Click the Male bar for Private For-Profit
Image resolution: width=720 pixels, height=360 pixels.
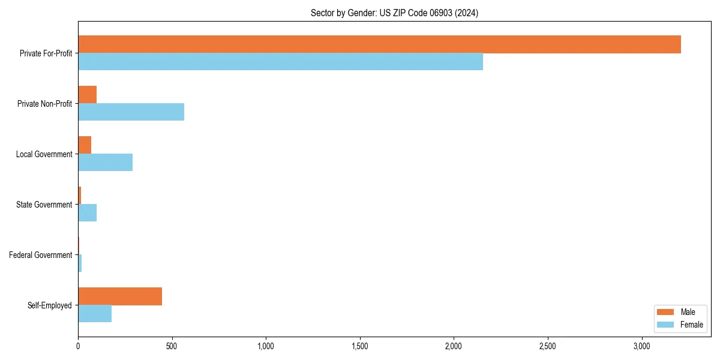click(379, 44)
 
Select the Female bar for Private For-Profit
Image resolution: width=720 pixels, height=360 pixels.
click(280, 62)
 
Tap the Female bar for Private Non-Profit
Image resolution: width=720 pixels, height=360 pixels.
click(131, 112)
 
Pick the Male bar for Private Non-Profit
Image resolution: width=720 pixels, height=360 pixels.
click(87, 95)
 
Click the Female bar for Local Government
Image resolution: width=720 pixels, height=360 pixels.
click(105, 163)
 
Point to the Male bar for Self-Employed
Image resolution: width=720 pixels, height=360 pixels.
click(120, 296)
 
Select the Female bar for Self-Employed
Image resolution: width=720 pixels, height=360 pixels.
click(95, 314)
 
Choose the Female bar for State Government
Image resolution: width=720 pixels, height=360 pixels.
click(87, 213)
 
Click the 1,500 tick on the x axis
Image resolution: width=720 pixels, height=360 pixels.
click(360, 346)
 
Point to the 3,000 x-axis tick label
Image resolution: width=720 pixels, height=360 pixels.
click(641, 346)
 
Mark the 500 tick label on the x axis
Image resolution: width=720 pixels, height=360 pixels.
click(172, 346)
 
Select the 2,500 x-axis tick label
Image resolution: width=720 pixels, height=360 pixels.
click(548, 346)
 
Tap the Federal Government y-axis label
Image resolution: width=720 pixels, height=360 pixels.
click(41, 255)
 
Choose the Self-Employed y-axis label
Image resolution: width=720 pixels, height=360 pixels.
click(50, 305)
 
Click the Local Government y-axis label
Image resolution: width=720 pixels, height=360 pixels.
click(44, 154)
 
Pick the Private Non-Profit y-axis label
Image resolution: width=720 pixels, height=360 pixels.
click(45, 104)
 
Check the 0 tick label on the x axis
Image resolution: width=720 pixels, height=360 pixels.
click(78, 346)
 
